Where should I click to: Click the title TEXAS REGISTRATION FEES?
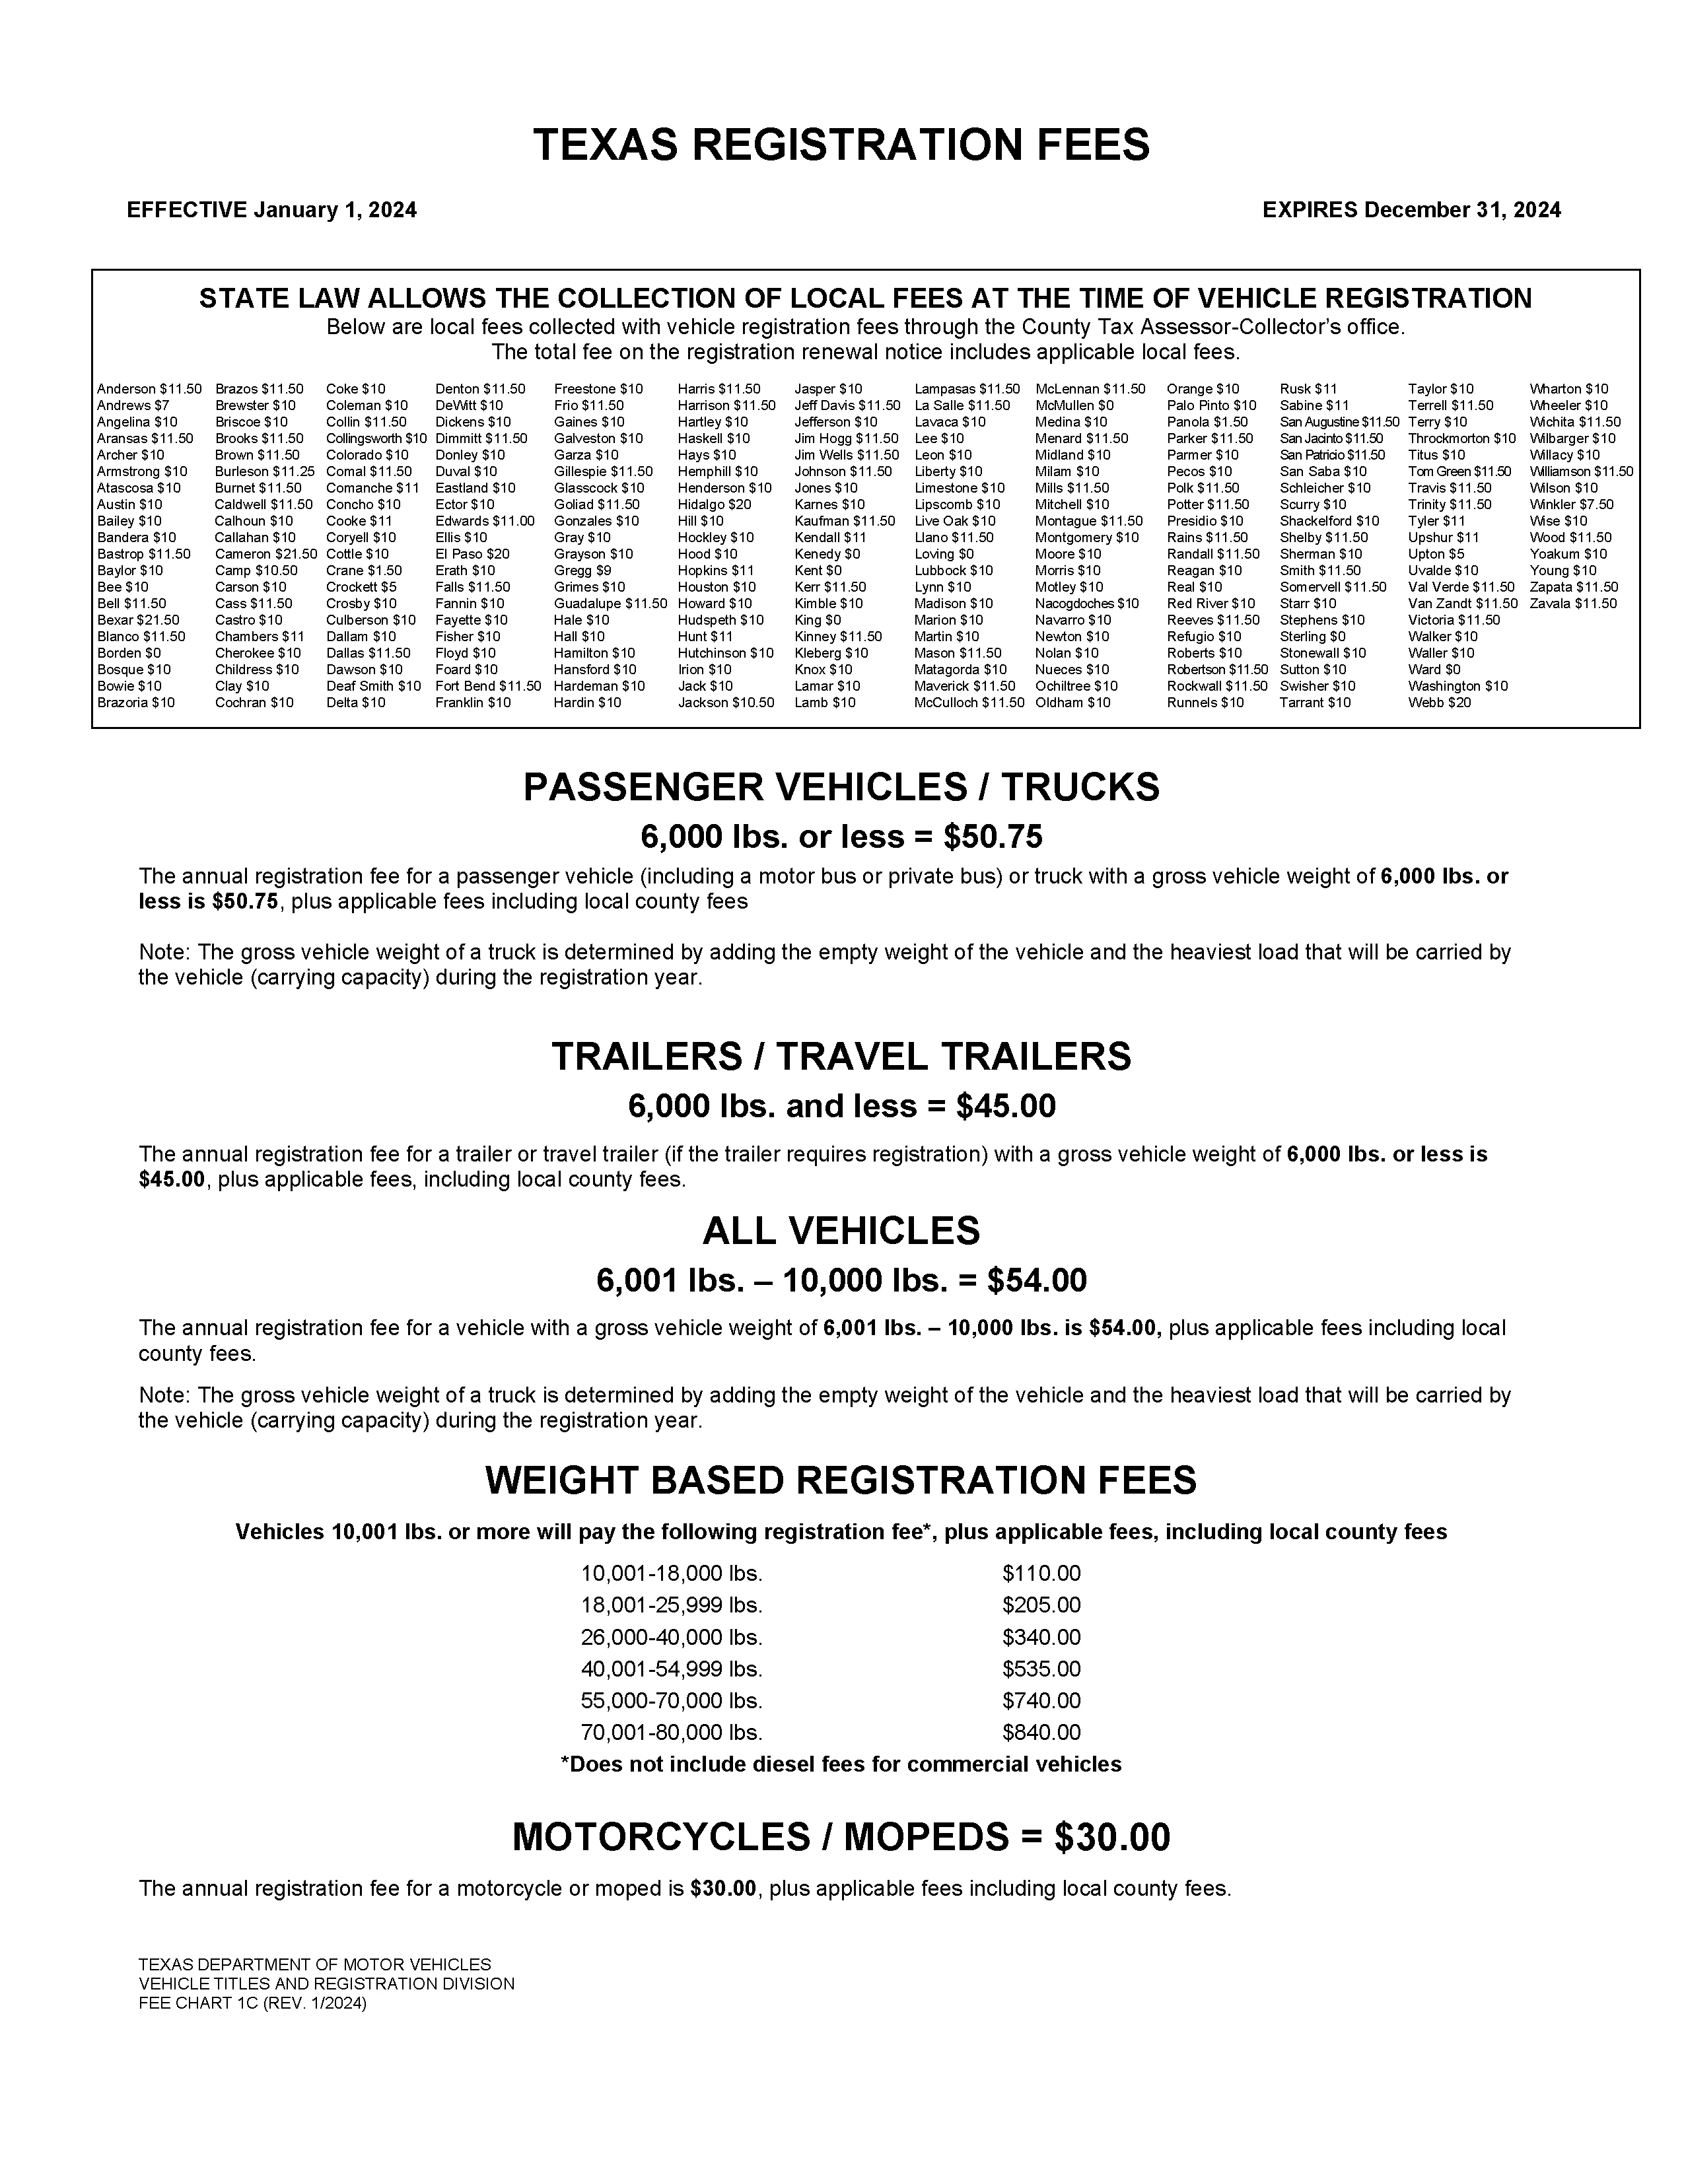click(x=841, y=145)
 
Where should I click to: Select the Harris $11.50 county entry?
click(x=719, y=389)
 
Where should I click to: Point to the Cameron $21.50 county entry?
click(x=265, y=554)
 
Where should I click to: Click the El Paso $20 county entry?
click(x=472, y=554)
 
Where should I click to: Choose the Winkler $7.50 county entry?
click(x=1571, y=505)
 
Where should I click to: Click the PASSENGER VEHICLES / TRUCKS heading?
click(x=841, y=787)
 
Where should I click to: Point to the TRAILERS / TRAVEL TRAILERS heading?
click(x=841, y=1056)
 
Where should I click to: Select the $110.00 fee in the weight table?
click(x=1041, y=1574)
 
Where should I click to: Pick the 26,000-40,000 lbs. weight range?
click(x=672, y=1638)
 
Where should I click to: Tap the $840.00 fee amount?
click(x=1041, y=1732)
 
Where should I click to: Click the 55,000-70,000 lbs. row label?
click(x=672, y=1700)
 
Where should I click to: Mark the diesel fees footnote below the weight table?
click(x=841, y=1764)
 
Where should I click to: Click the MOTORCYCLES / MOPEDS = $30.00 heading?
click(x=841, y=1837)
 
